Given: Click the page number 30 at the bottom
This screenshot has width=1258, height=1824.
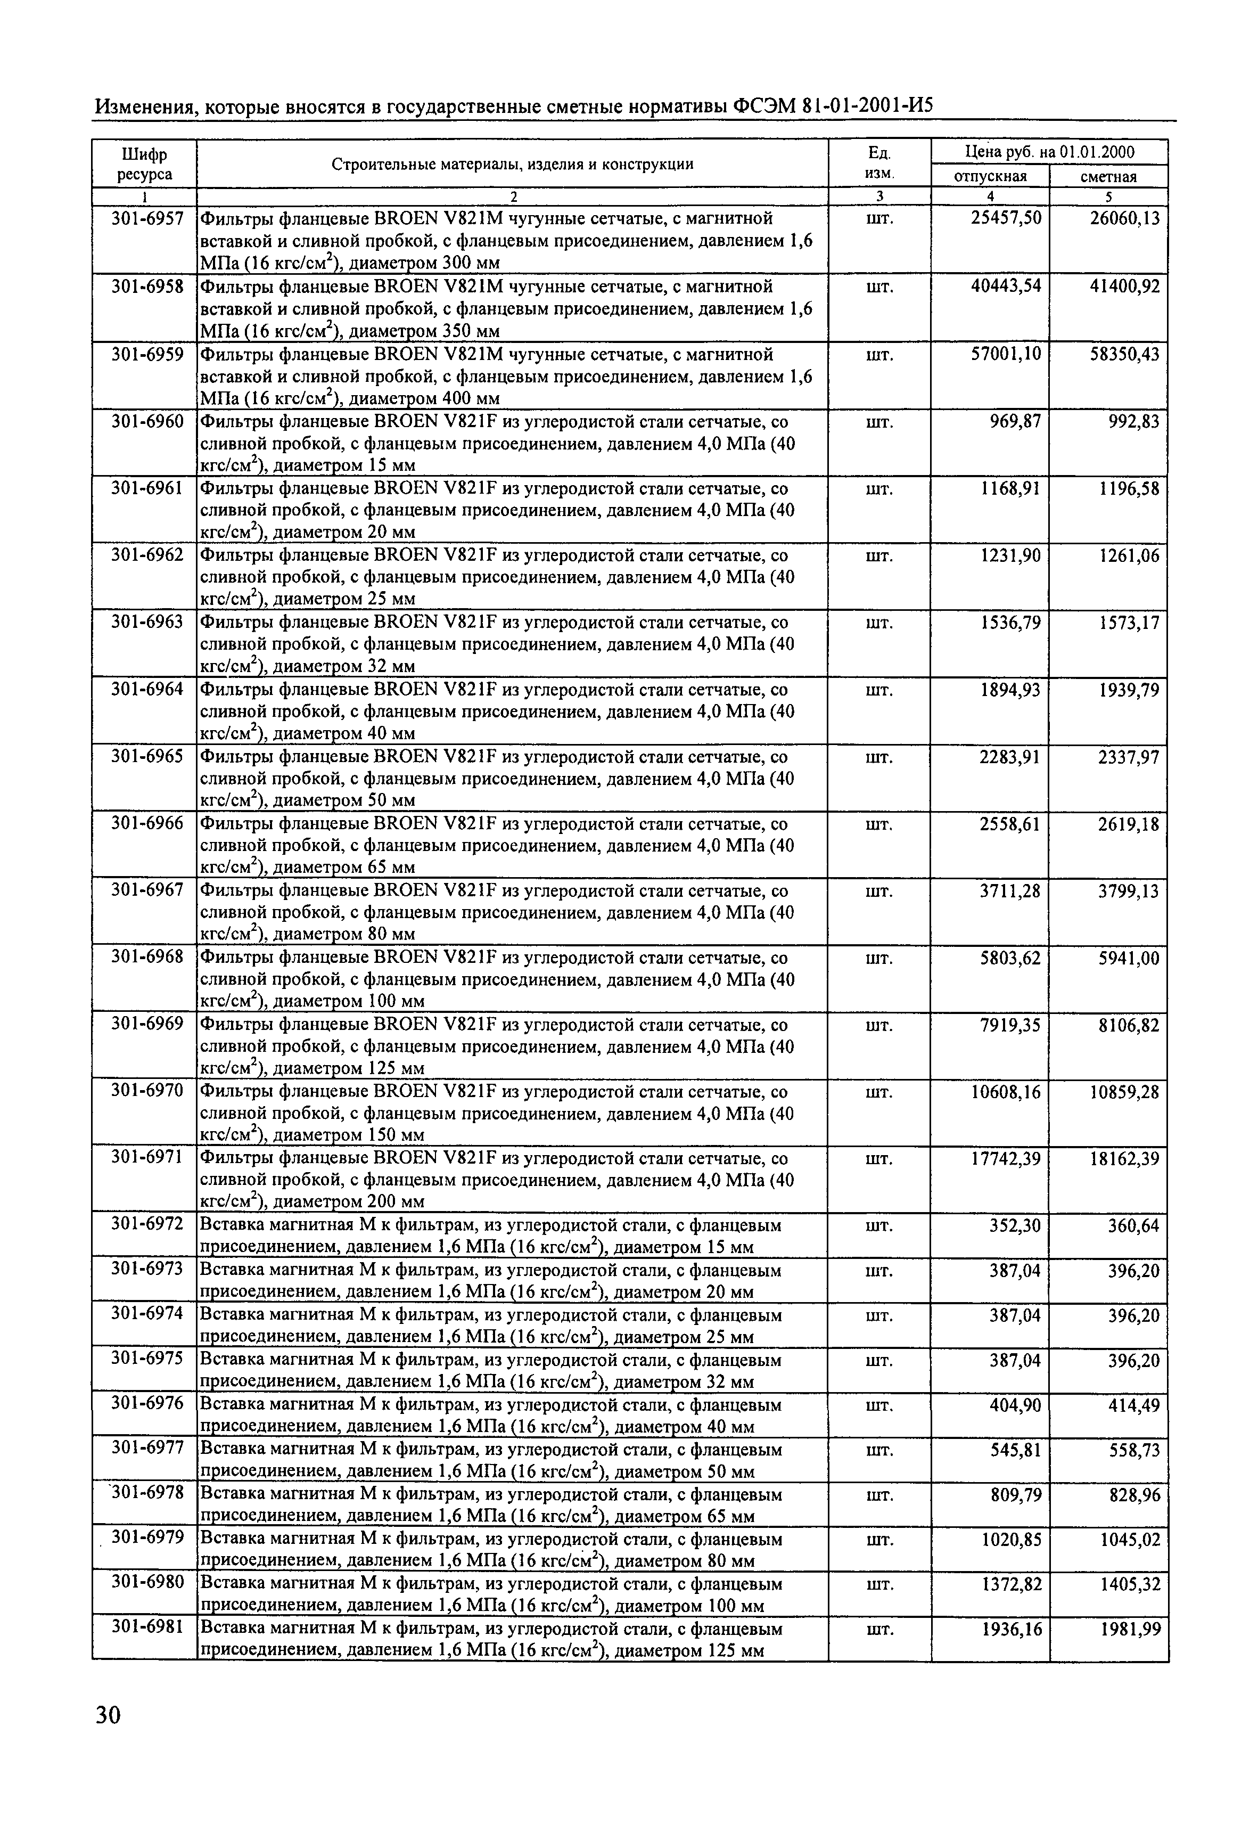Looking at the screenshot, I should click(x=108, y=1714).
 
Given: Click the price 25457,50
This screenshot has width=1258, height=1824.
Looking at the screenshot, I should click(x=1005, y=218).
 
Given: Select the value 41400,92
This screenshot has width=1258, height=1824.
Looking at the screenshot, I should click(x=1124, y=286).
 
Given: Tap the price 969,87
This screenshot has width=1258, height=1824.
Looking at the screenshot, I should click(x=1015, y=422).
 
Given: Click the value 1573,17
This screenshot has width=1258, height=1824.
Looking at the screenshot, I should click(x=1129, y=623).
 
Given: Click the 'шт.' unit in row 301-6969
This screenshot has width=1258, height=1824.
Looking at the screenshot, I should click(x=879, y=1025).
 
